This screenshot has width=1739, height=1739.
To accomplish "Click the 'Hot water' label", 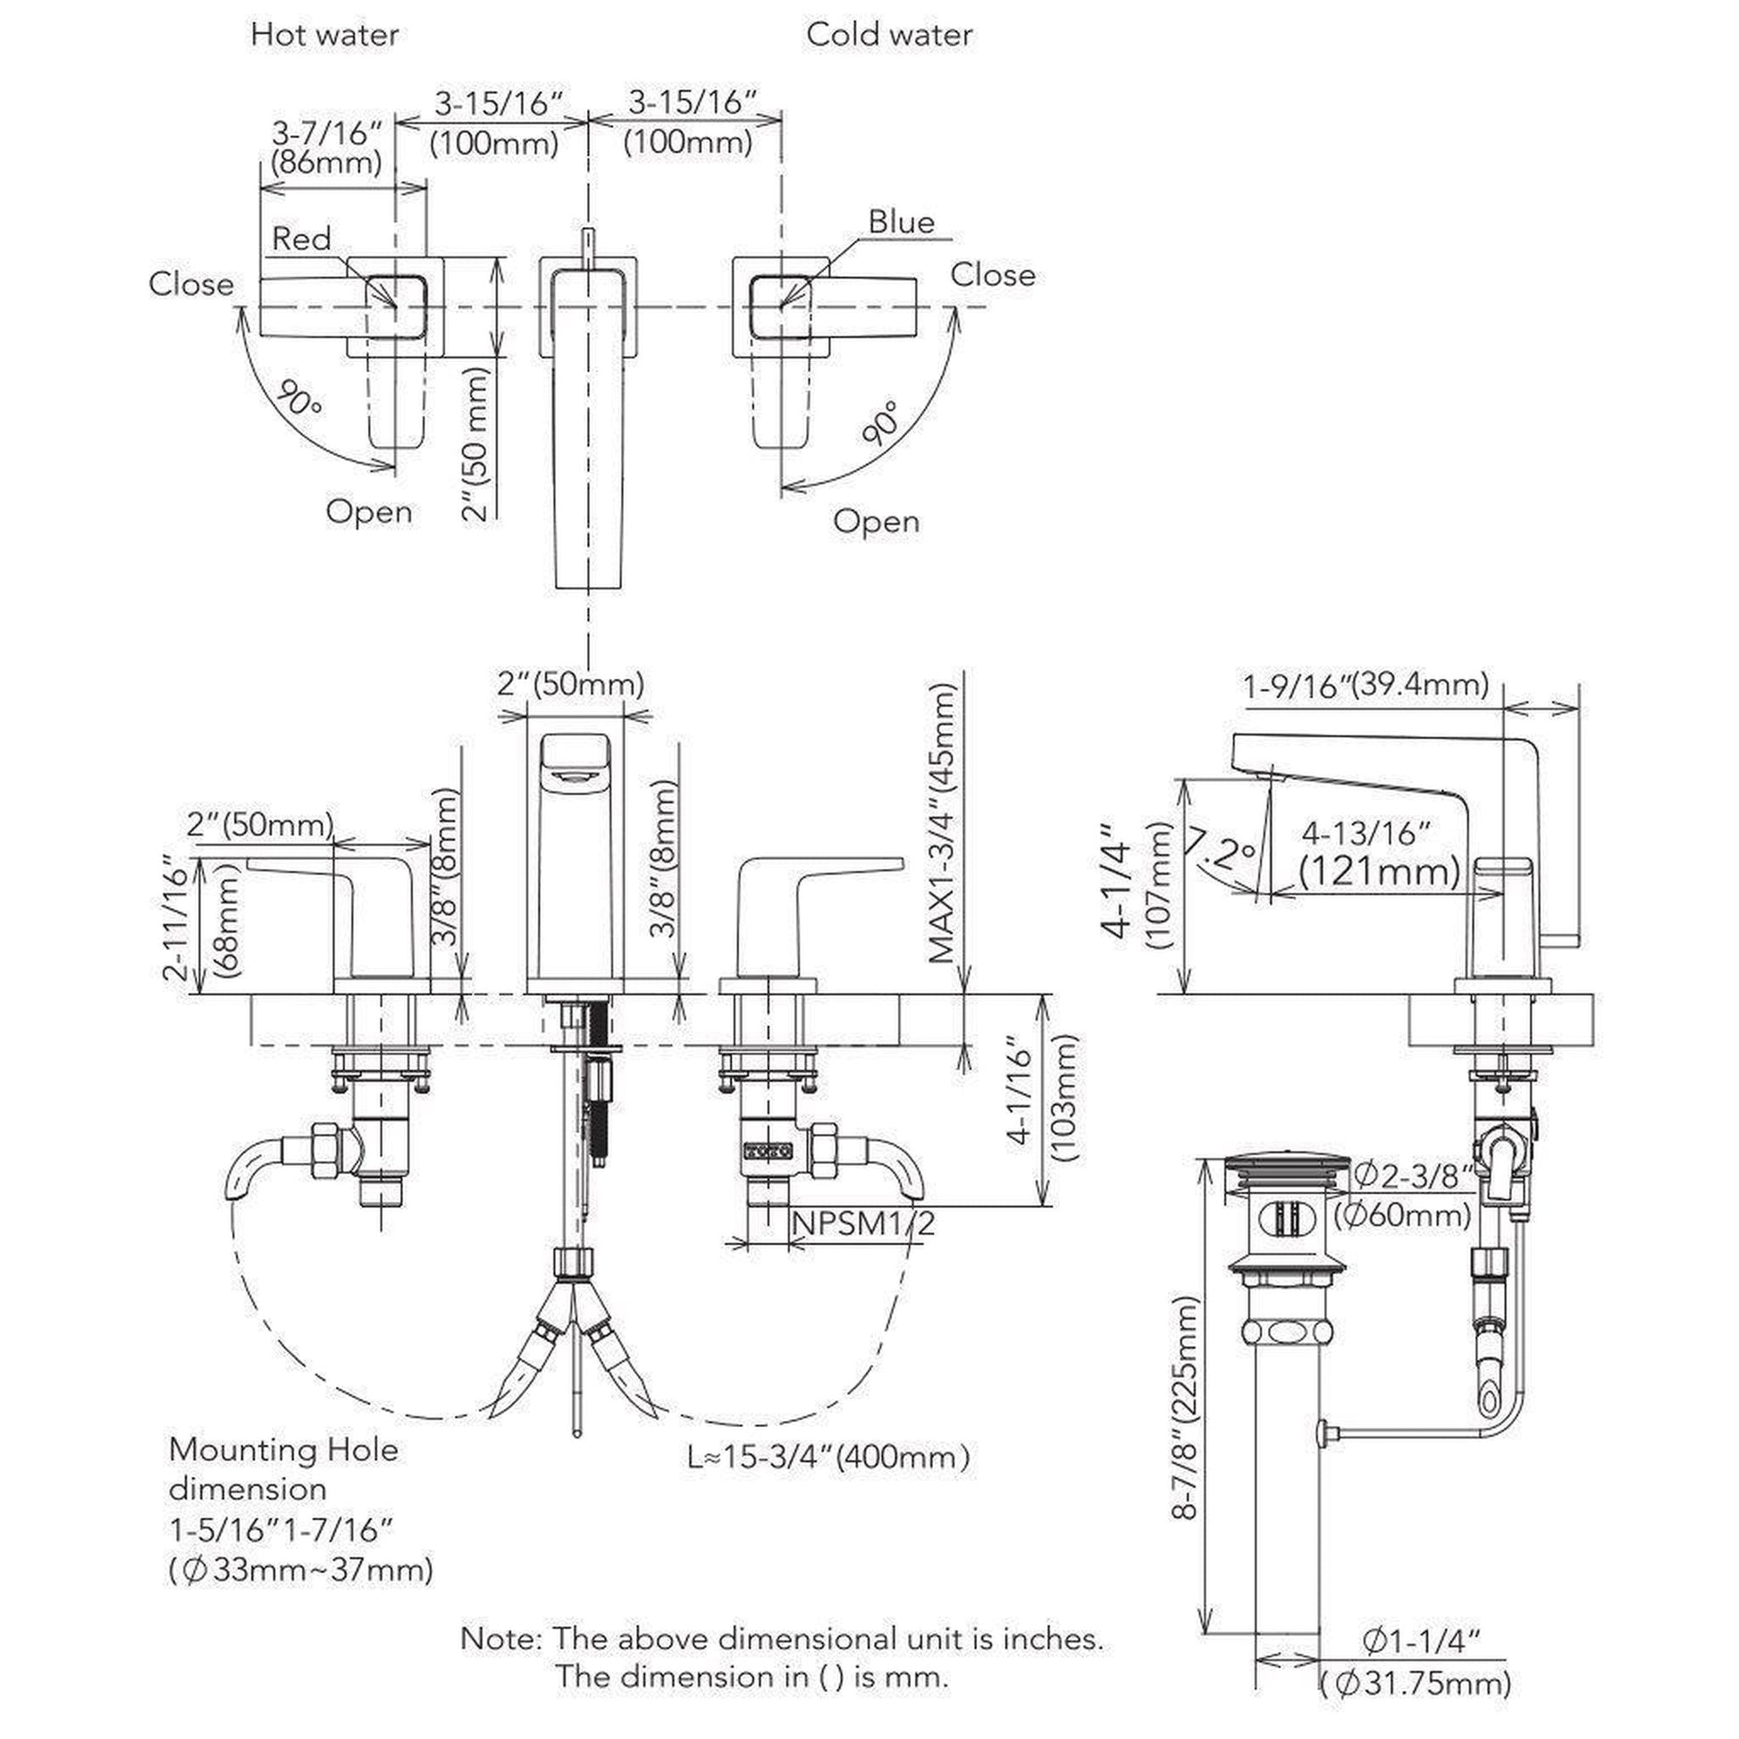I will click(x=324, y=35).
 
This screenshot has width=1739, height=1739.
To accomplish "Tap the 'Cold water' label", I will click(x=888, y=35).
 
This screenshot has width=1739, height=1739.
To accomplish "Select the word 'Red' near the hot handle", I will click(x=301, y=239).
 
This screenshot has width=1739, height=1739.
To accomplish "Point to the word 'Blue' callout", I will click(x=901, y=222).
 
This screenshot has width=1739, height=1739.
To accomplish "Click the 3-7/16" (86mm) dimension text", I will click(x=327, y=147).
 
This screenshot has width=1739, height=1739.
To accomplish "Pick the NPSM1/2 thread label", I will click(x=862, y=1222).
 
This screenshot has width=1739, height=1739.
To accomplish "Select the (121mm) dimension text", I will click(x=1379, y=870).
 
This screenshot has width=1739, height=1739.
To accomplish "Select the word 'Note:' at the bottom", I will click(x=500, y=1638).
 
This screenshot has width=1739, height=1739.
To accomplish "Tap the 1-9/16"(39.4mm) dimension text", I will click(x=1366, y=686).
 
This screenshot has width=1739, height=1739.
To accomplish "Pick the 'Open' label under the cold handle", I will click(x=876, y=521).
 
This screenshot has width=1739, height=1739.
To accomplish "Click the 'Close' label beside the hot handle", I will click(x=191, y=284).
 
